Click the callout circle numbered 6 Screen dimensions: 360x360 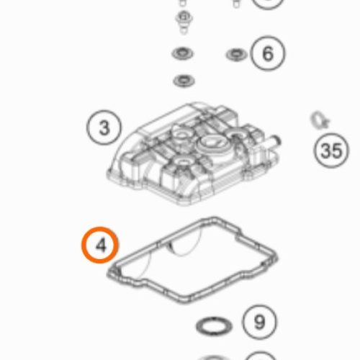click(x=268, y=53)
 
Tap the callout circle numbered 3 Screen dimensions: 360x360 click(x=104, y=127)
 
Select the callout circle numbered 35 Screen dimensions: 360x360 click(x=331, y=150)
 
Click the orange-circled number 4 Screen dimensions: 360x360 click(x=100, y=245)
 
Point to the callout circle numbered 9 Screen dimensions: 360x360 click(x=260, y=322)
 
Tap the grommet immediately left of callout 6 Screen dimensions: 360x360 click(x=237, y=55)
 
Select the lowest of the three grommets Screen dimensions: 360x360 click(x=184, y=81)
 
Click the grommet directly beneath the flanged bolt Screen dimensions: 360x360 click(x=183, y=53)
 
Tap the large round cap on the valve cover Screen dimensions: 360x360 click(x=211, y=144)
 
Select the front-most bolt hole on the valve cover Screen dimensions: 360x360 click(x=183, y=163)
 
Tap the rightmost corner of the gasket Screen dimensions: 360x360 click(x=276, y=258)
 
